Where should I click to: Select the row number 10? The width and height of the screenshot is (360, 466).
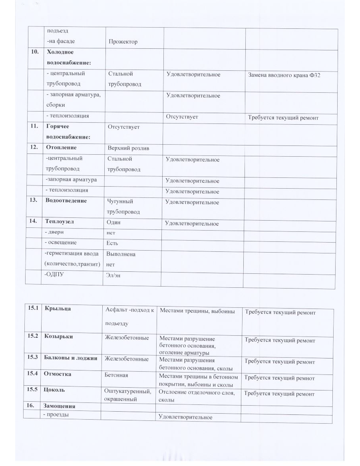click(35, 52)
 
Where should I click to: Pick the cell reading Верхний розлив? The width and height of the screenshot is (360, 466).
click(128, 148)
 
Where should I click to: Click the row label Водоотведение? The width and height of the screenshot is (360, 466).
click(66, 201)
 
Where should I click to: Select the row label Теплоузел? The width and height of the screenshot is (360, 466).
click(60, 221)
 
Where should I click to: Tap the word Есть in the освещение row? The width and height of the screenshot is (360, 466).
click(112, 243)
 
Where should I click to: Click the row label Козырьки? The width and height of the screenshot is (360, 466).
click(58, 337)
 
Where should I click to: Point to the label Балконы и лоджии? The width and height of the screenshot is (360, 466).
click(71, 358)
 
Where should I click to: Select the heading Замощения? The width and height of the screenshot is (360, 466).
click(60, 406)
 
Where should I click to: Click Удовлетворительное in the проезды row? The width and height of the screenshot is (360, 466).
click(185, 417)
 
